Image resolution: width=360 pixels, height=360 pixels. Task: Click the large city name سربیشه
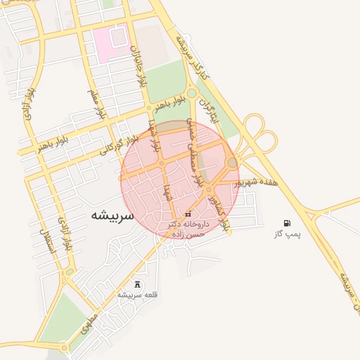(112, 215)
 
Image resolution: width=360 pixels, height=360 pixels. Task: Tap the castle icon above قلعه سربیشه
(136, 285)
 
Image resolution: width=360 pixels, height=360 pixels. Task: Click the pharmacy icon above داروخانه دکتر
(186, 214)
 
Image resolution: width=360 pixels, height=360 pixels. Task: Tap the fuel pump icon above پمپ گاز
(286, 222)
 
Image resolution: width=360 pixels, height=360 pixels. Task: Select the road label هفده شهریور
(259, 181)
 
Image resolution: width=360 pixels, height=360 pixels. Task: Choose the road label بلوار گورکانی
(108, 148)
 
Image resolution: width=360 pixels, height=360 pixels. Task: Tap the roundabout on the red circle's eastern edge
(232, 163)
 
